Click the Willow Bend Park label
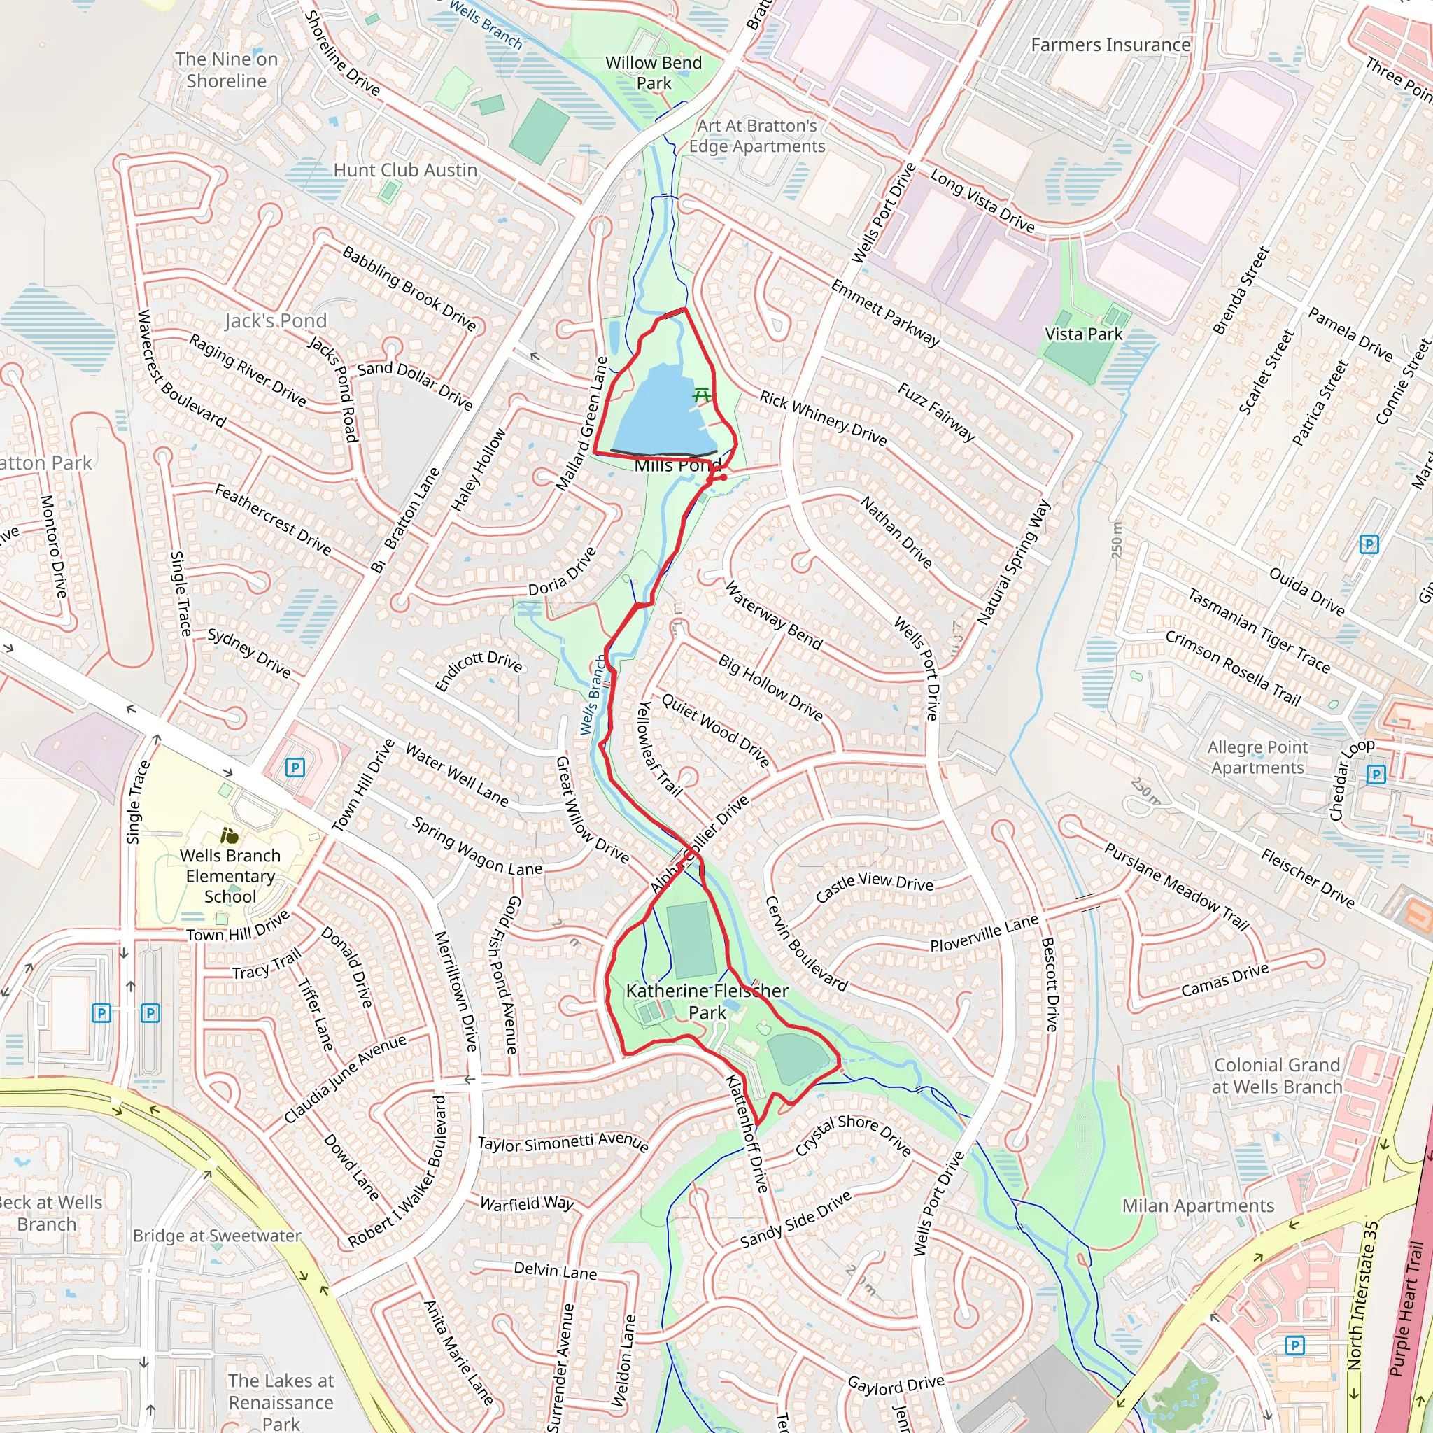pyautogui.click(x=653, y=73)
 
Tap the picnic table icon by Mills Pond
pyautogui.click(x=701, y=395)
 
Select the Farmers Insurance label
pyautogui.click(x=1110, y=45)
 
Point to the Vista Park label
pyautogui.click(x=1083, y=334)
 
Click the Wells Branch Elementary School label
pyautogui.click(x=230, y=875)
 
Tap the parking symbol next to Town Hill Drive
pyautogui.click(x=295, y=768)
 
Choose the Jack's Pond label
pyautogui.click(x=275, y=320)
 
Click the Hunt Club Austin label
pyautogui.click(x=405, y=170)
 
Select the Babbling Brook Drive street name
pyautogui.click(x=409, y=288)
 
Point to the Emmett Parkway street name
pyautogui.click(x=885, y=313)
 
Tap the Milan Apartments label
pyautogui.click(x=1197, y=1206)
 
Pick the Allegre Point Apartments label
pyautogui.click(x=1257, y=757)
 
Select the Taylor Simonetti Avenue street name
pyautogui.click(x=563, y=1142)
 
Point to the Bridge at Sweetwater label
pyautogui.click(x=217, y=1236)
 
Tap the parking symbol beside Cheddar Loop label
pyautogui.click(x=1376, y=775)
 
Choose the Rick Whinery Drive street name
pyautogui.click(x=823, y=418)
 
